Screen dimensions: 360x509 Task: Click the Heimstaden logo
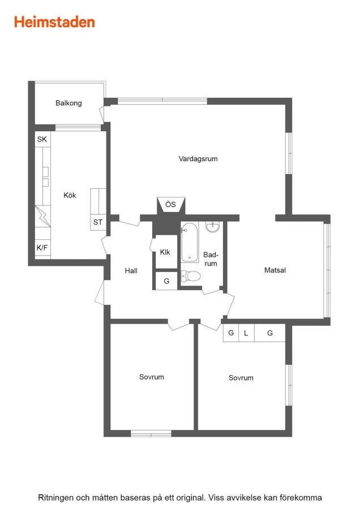point(54,22)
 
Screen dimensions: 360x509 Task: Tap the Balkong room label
point(68,103)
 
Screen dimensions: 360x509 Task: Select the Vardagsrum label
point(198,159)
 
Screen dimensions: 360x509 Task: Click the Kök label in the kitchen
point(70,195)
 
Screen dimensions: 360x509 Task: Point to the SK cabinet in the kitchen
point(42,139)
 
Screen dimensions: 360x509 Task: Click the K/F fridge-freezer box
point(42,248)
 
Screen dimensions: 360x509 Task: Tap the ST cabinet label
point(98,222)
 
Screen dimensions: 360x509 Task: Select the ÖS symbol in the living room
point(171,205)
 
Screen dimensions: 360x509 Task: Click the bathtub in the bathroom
point(190,242)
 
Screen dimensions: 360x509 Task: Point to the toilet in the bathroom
point(191,276)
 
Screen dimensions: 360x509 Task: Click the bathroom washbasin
point(212,227)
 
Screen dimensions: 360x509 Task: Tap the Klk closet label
point(165,252)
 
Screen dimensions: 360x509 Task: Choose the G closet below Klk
point(166,281)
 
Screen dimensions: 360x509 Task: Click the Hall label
point(131,271)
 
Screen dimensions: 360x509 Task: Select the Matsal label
point(275,270)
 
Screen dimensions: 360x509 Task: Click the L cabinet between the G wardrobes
point(246,333)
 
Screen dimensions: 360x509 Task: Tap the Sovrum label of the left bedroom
point(152,377)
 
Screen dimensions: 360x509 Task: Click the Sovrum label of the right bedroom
point(241,378)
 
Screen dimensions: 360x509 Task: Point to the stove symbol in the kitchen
point(43,216)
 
